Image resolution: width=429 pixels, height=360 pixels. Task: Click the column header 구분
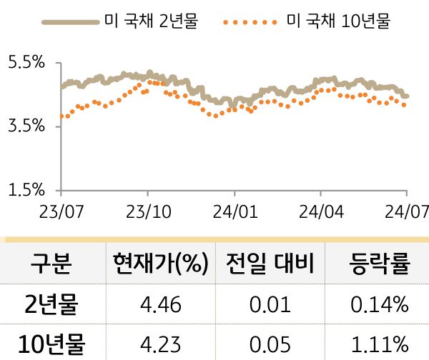tap(50, 265)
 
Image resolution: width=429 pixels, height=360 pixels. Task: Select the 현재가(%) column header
tap(161, 265)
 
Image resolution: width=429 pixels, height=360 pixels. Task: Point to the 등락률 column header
tap(380, 265)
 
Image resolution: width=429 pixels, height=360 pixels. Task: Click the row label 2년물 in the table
tap(50, 306)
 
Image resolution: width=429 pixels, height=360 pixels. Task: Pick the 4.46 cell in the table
tap(161, 306)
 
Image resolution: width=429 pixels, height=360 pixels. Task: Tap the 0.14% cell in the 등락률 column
tap(380, 306)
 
